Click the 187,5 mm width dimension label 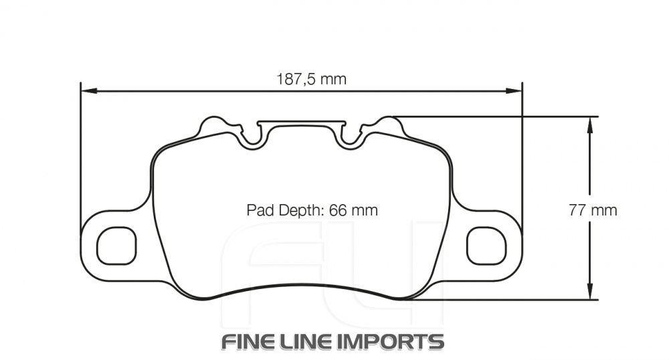[x=312, y=79]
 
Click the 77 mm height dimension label [x=592, y=210]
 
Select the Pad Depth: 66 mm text [x=312, y=210]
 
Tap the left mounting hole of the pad [x=116, y=246]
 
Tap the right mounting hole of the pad [x=486, y=246]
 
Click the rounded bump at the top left [x=215, y=125]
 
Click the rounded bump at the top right [x=387, y=125]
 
